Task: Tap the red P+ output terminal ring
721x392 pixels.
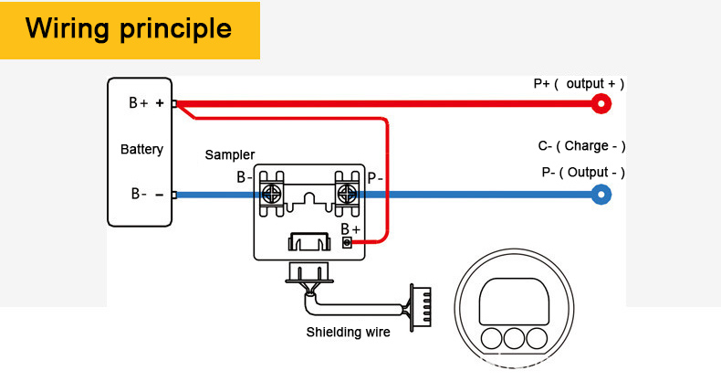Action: coord(601,104)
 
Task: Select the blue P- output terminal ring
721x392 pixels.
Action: coord(601,194)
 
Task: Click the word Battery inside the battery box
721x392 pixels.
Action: coord(141,149)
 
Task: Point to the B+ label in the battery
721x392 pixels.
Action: coord(139,103)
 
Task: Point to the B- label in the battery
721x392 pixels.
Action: coord(140,194)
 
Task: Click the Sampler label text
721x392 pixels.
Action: coord(229,155)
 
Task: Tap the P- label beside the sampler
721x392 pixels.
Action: coord(375,177)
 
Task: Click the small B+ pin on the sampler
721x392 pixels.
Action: coord(347,242)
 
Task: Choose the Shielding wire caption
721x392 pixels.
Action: coord(348,332)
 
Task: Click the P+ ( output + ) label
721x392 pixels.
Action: coord(579,84)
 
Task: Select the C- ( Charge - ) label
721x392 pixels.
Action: coord(581,146)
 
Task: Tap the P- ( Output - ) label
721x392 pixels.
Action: coord(583,172)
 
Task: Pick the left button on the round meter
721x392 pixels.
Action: coord(492,337)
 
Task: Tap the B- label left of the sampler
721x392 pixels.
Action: coord(245,177)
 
